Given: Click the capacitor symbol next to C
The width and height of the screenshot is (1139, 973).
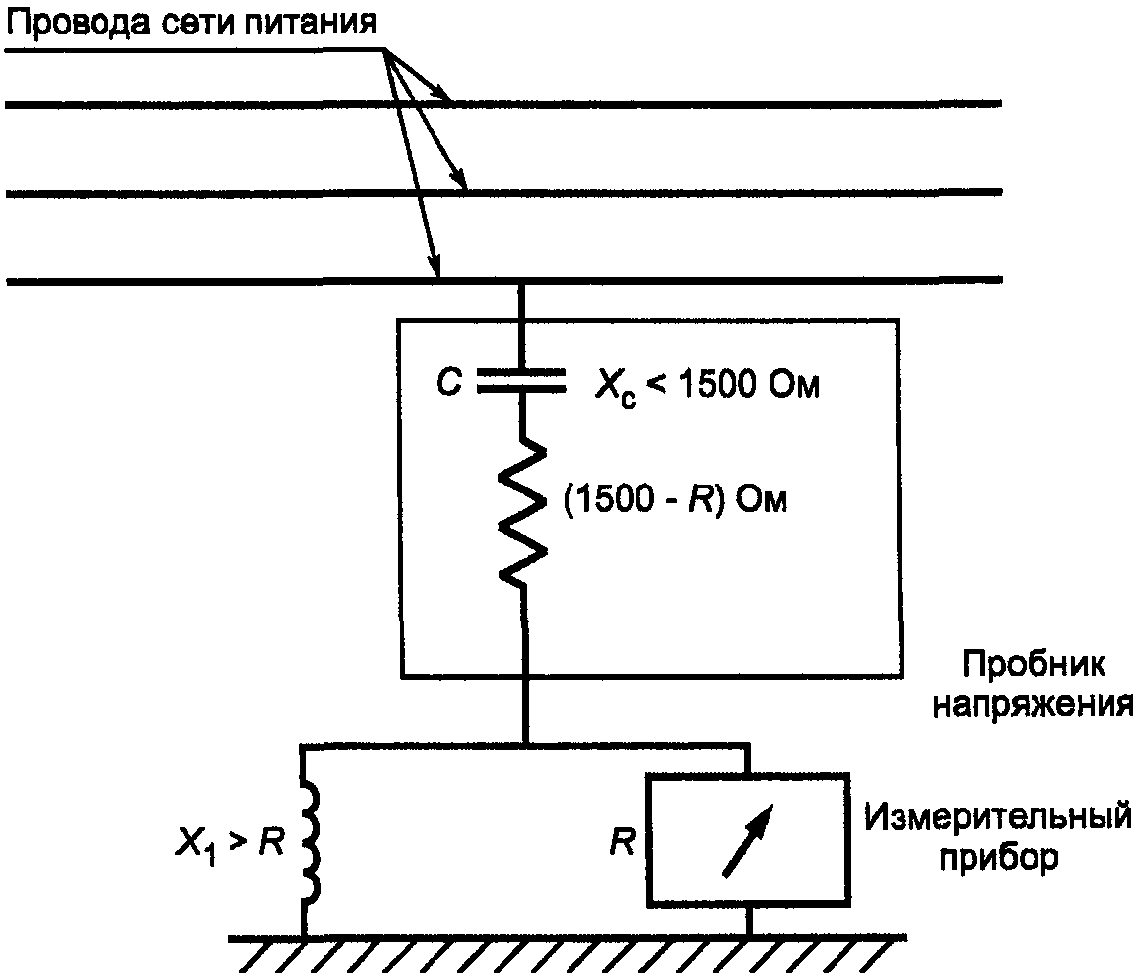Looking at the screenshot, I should pyautogui.click(x=522, y=382).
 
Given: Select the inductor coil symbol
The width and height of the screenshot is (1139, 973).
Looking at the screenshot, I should pyautogui.click(x=308, y=842).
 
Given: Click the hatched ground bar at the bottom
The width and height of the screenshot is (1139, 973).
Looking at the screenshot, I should pyautogui.click(x=567, y=951).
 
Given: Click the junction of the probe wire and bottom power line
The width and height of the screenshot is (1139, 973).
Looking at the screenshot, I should pyautogui.click(x=523, y=283).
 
